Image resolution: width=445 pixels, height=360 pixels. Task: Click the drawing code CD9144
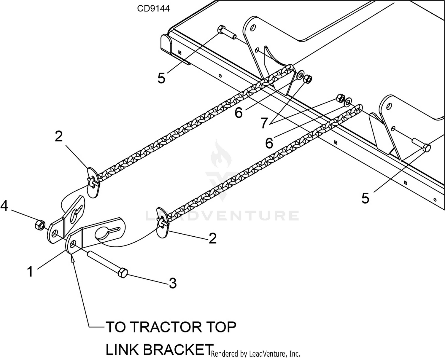pos(153,9)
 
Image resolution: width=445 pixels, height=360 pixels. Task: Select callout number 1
pos(30,271)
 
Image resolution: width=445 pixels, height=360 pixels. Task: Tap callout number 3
pos(173,283)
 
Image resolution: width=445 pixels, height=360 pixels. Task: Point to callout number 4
pos(4,206)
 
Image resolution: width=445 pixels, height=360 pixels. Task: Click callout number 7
pos(264,123)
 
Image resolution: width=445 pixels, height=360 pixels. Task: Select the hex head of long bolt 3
pos(123,272)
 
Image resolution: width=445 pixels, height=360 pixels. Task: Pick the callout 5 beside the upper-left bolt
pos(161,78)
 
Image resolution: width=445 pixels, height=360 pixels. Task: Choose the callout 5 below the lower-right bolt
pos(365,198)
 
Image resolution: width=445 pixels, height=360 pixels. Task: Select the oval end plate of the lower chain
pos(162,222)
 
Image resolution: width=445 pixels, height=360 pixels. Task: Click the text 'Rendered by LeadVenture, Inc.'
pos(255,353)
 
